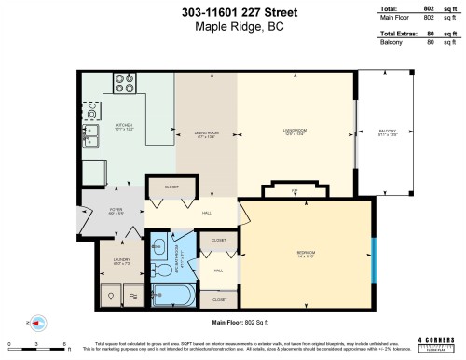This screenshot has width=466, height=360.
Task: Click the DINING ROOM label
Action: point(205,133)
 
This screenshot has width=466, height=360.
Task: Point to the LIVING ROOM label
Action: point(295,133)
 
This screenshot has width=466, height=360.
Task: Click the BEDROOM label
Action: point(306,253)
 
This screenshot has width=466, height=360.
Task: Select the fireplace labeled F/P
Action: point(295,190)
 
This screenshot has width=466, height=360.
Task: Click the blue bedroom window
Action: point(371,252)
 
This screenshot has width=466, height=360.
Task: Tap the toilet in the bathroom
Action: point(160,248)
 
